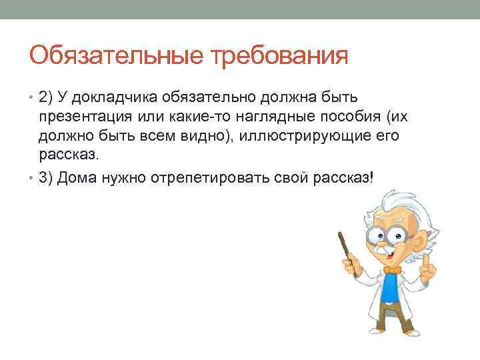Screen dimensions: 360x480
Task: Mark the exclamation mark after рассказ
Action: pyautogui.click(x=373, y=179)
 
